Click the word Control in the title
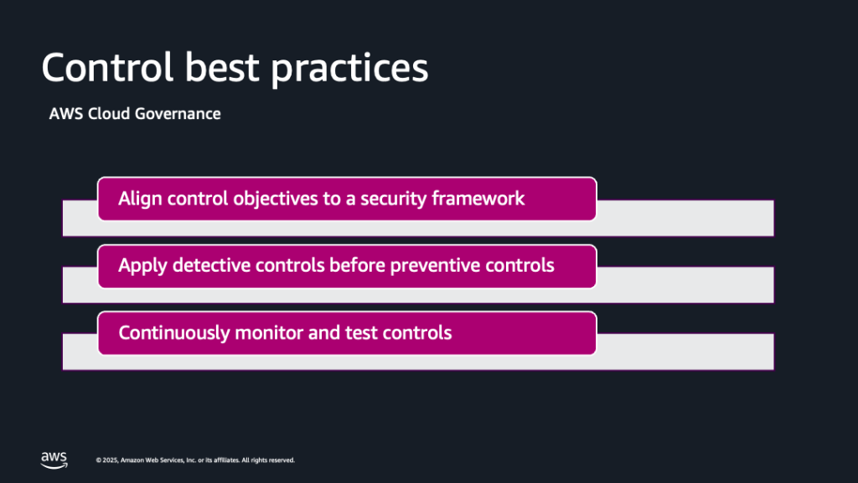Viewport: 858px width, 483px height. [x=107, y=67]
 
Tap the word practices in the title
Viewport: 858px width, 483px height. [x=349, y=70]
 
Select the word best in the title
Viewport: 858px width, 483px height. [x=221, y=67]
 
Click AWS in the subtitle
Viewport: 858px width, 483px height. [x=65, y=114]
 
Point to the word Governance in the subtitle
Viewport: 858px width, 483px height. [x=178, y=114]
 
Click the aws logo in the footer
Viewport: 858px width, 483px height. [x=54, y=460]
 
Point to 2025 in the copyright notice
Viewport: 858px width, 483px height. [x=110, y=460]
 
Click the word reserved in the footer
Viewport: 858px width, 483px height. [x=282, y=460]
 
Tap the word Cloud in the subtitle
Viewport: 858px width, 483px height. [x=109, y=114]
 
